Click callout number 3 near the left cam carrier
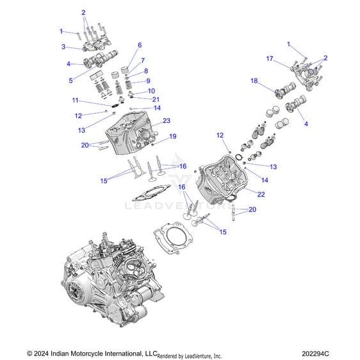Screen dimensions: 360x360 click(x=63, y=47)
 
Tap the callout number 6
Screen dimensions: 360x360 click(x=140, y=45)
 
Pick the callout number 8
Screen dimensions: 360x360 click(x=146, y=70)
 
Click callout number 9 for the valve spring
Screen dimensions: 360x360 click(x=148, y=81)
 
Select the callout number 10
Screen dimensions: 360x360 click(x=151, y=91)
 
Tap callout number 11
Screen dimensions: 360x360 click(x=75, y=101)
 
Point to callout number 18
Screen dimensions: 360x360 click(x=254, y=81)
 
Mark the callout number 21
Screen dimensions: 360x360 click(x=156, y=99)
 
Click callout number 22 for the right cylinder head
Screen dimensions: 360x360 click(x=261, y=194)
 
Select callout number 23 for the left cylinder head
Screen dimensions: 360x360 click(x=166, y=120)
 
